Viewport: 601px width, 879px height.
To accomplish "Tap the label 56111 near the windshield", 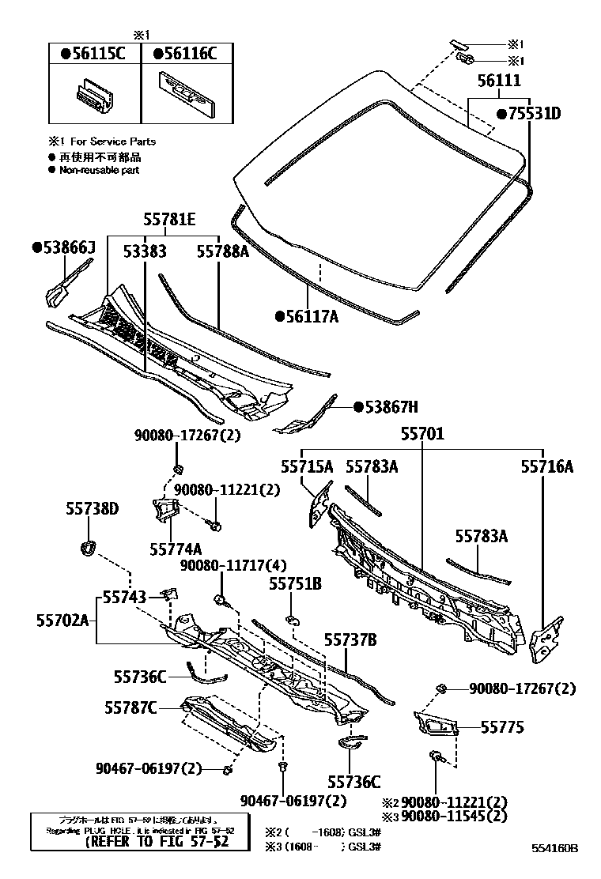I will pos(497,81).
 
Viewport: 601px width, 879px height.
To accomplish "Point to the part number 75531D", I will pos(529,114).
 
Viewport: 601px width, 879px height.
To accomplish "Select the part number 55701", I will pos(421,434).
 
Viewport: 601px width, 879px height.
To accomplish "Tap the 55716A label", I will pos(546,466).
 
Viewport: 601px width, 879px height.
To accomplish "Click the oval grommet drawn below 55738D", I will pos(89,545).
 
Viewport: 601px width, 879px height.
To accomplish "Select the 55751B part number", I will pos(295,583).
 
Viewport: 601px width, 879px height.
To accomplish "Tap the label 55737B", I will pos(349,639).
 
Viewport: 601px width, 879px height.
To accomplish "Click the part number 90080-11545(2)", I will pos(454,815).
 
